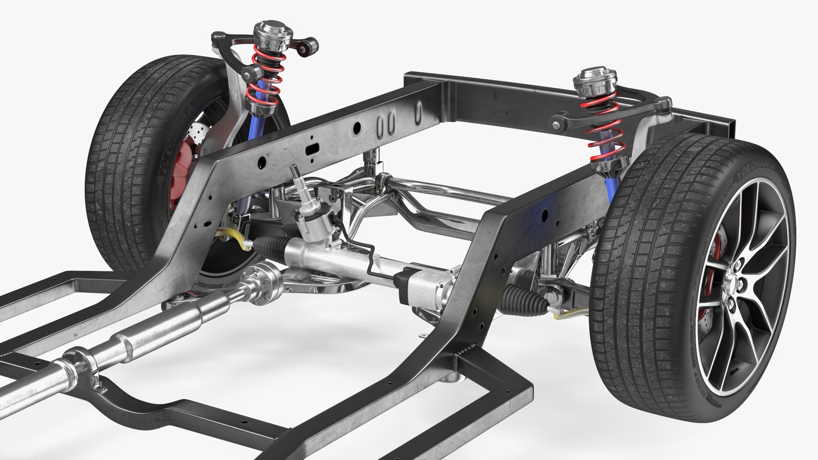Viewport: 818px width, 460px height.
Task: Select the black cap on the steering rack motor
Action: point(402,279)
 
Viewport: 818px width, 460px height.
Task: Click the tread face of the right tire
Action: point(648,277)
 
